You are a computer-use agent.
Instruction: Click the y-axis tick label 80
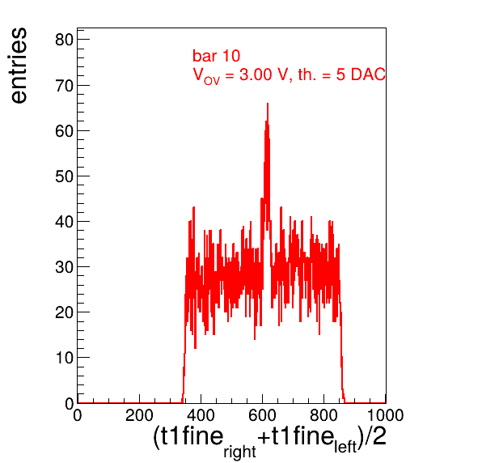click(x=64, y=40)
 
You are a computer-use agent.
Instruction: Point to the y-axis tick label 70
click(x=64, y=86)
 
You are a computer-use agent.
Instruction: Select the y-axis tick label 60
click(x=64, y=131)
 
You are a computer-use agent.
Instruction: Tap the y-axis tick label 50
click(x=64, y=176)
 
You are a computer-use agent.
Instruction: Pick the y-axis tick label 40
click(x=64, y=222)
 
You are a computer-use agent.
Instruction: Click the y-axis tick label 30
click(x=64, y=267)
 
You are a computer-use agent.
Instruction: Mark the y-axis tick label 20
click(x=64, y=312)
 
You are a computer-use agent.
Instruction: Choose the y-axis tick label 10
click(x=64, y=358)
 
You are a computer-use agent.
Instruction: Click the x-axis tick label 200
click(x=139, y=415)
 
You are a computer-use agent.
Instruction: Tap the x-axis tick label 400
click(x=201, y=415)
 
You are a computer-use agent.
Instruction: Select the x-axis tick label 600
click(x=262, y=415)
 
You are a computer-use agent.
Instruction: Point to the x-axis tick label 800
click(x=323, y=415)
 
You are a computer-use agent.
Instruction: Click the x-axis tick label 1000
click(x=385, y=415)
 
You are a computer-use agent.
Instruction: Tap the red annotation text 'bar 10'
click(x=216, y=56)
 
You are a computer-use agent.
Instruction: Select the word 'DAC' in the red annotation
click(x=368, y=74)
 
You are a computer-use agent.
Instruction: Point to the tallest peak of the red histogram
click(x=268, y=104)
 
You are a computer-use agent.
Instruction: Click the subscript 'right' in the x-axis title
click(x=239, y=452)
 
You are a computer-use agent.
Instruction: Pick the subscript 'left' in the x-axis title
click(x=345, y=447)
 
